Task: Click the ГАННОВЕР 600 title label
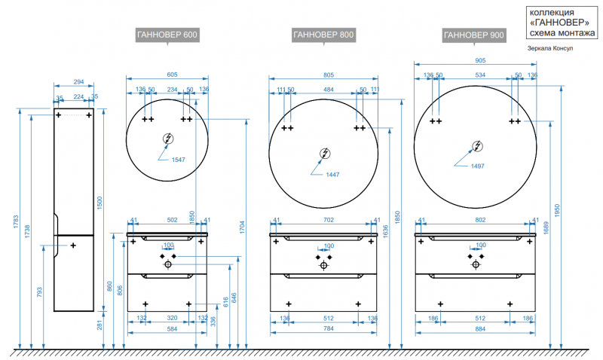(x=167, y=35)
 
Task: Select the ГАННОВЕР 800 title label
(x=323, y=35)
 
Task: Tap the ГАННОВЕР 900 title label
(x=474, y=35)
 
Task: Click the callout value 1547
(x=178, y=160)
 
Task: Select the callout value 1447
(x=332, y=174)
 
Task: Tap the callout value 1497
(x=478, y=166)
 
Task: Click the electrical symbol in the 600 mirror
(x=168, y=139)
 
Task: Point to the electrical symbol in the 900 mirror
(x=477, y=146)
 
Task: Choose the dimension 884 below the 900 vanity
(x=476, y=328)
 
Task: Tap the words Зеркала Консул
(x=552, y=48)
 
